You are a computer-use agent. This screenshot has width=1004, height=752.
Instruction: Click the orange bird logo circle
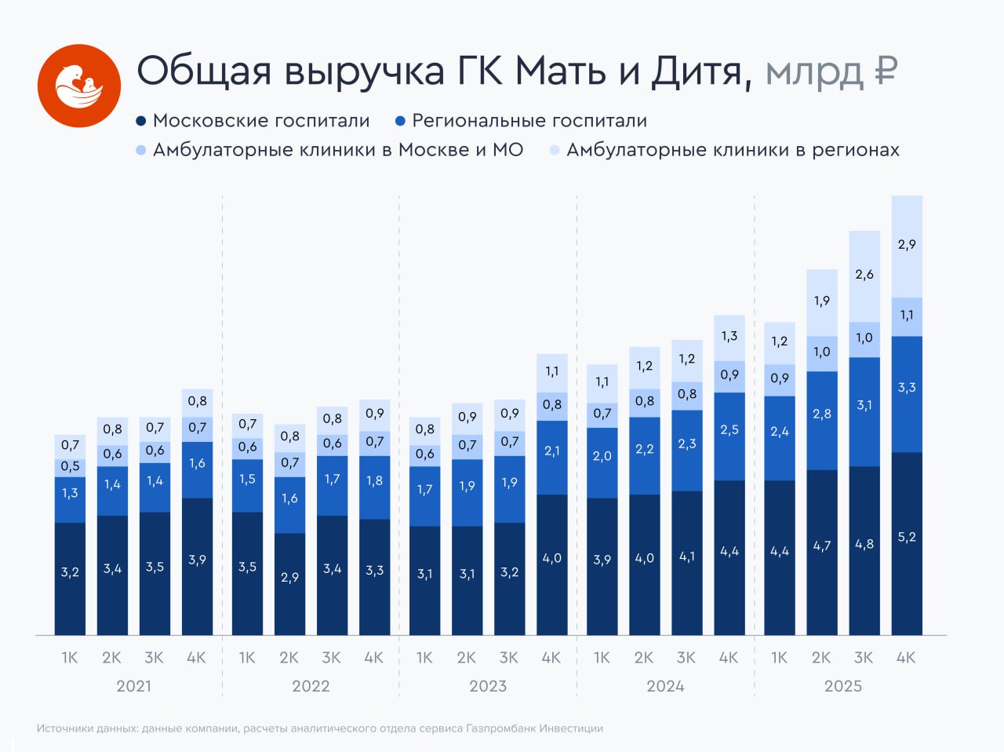pyautogui.click(x=79, y=86)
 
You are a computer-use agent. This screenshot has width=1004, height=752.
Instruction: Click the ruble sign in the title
pyautogui.click(x=885, y=71)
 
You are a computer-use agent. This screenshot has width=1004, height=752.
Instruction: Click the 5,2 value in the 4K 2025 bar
pyautogui.click(x=907, y=538)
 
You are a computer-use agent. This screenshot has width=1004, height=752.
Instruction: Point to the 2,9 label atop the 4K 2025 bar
pyautogui.click(x=907, y=245)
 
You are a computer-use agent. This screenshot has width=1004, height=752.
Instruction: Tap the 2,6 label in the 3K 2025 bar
pyautogui.click(x=864, y=275)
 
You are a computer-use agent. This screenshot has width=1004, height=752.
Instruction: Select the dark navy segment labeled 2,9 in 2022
pyautogui.click(x=289, y=578)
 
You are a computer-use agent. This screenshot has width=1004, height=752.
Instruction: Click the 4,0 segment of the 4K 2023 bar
pyautogui.click(x=552, y=559)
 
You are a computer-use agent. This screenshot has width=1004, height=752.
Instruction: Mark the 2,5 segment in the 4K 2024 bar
pyautogui.click(x=729, y=430)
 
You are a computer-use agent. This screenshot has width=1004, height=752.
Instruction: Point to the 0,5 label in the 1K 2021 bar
pyautogui.click(x=70, y=466)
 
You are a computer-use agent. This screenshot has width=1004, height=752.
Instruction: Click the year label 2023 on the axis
pyautogui.click(x=488, y=686)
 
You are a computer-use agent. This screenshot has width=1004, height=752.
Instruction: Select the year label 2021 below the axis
pyautogui.click(x=133, y=686)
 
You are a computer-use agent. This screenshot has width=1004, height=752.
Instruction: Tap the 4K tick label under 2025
pyautogui.click(x=906, y=658)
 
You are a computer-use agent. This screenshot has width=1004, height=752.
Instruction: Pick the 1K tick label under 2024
pyautogui.click(x=602, y=658)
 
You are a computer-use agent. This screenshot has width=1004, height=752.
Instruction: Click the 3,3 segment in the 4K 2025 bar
pyautogui.click(x=907, y=388)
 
